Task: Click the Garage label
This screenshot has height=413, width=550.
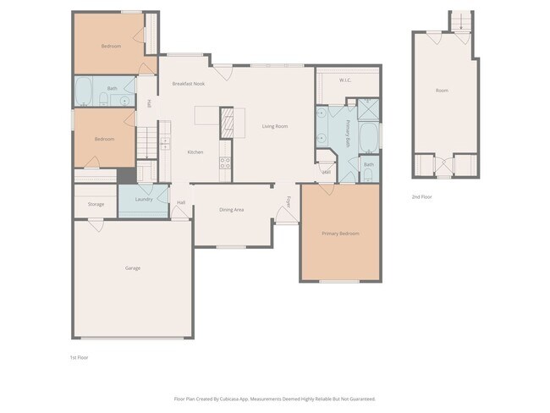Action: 133,268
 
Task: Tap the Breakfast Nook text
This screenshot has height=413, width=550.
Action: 188,84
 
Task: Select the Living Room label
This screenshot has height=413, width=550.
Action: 274,126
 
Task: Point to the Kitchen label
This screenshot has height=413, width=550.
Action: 195,151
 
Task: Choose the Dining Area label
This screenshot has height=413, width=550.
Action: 232,209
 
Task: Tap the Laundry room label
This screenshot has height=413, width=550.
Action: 144,199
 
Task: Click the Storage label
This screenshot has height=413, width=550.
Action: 96,204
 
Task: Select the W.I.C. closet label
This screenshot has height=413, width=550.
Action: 345,80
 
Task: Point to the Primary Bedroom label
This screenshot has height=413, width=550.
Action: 340,233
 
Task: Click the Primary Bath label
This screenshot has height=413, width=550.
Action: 348,135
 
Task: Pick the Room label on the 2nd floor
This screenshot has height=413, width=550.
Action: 442,90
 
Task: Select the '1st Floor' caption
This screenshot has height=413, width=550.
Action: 79,357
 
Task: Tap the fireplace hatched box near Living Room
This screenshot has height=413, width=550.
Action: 227,122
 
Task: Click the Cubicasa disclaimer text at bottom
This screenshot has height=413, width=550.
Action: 274,399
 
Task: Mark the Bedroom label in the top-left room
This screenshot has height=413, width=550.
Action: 111,46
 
